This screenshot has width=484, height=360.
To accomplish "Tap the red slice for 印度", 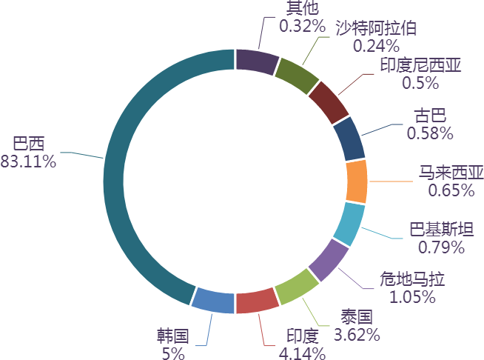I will [257, 302].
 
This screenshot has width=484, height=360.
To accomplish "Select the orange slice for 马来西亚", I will [357, 181].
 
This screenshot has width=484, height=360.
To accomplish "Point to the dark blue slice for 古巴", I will [349, 139].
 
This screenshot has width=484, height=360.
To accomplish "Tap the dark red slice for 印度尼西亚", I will [328, 102].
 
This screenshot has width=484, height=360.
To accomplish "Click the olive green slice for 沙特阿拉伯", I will [296, 76].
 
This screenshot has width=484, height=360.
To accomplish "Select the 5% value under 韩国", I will [172, 353].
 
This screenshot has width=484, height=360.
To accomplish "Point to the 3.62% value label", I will [357, 335].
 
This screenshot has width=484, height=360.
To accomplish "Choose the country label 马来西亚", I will [451, 173].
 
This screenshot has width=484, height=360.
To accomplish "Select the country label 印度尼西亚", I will [420, 66].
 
